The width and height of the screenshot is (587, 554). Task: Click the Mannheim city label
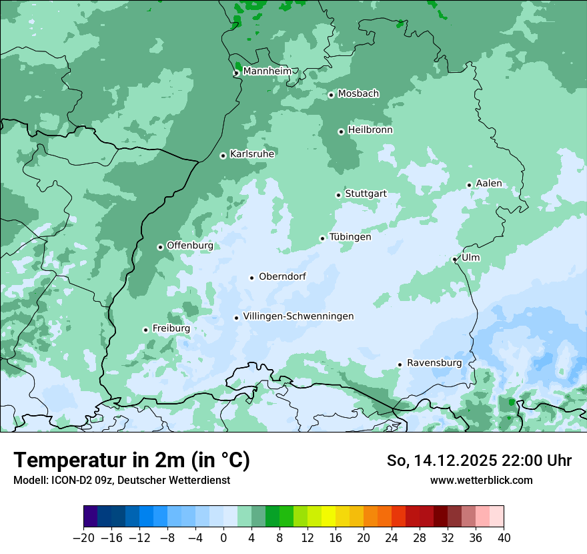(x=267, y=71)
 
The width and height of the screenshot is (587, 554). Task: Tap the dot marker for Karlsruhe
(x=223, y=156)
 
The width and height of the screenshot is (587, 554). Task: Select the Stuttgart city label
(x=366, y=194)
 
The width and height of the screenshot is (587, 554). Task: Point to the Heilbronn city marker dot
(x=341, y=131)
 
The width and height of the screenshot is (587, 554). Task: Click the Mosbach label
(x=358, y=94)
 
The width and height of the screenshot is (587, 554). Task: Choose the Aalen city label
(x=489, y=184)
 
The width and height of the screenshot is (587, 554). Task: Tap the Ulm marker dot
(x=454, y=259)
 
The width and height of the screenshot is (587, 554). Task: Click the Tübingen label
(x=350, y=237)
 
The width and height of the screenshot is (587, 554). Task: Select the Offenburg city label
(x=190, y=246)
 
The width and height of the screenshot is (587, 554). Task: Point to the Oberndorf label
(x=282, y=276)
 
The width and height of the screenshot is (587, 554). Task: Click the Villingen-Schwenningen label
(x=298, y=316)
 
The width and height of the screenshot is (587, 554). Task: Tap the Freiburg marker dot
(x=145, y=330)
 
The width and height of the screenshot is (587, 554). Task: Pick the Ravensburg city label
(x=434, y=363)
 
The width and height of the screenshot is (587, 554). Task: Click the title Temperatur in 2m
(x=131, y=460)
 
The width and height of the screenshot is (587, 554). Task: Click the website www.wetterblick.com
(x=481, y=480)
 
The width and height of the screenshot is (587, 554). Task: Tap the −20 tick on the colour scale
(x=83, y=538)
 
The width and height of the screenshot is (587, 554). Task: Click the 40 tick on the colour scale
(x=504, y=538)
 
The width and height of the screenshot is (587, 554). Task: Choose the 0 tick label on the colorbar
(x=223, y=538)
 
